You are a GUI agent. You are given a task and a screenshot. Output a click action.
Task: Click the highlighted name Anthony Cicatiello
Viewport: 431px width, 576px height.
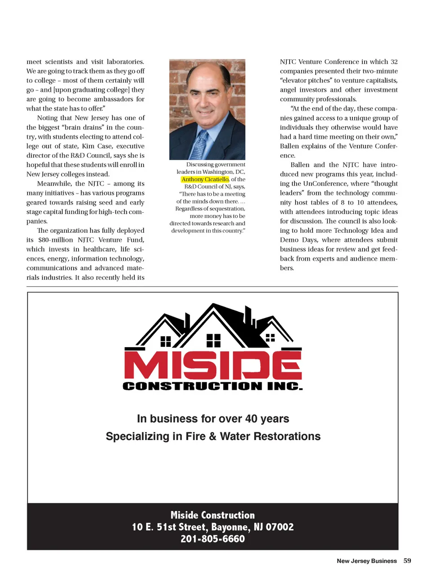205,179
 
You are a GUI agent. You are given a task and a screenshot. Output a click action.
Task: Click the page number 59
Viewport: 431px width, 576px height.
407,561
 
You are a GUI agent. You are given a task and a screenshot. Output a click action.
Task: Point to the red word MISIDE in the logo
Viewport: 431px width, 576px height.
212,365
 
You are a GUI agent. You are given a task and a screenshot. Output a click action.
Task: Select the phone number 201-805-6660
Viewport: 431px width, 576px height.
213,539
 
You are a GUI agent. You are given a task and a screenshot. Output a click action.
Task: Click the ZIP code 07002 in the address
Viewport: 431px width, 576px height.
279,527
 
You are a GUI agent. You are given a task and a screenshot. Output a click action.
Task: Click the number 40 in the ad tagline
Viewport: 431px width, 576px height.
251,419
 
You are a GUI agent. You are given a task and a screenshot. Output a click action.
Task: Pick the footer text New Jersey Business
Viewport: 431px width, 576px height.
367,561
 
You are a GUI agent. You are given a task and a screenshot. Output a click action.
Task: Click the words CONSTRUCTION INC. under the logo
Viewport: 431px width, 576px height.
212,386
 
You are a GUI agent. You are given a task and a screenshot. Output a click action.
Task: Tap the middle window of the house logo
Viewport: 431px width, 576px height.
213,341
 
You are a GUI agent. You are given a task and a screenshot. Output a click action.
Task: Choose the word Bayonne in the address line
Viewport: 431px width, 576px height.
230,527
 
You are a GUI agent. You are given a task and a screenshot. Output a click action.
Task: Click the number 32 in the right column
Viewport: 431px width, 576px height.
394,62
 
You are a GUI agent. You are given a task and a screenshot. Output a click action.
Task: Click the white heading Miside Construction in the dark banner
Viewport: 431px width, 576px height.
212,515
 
